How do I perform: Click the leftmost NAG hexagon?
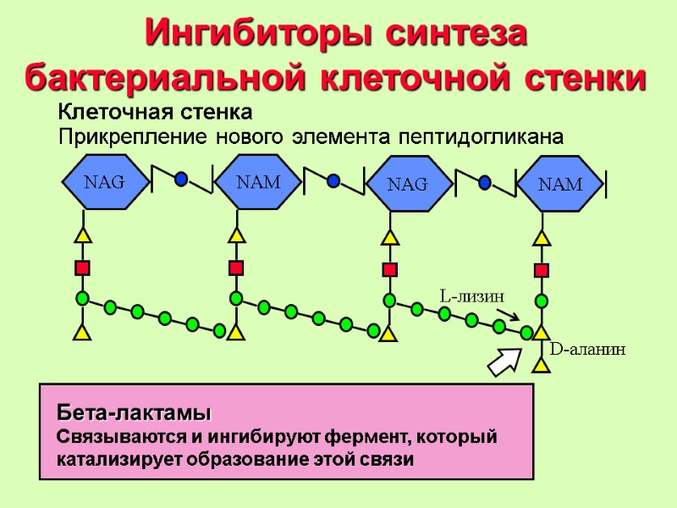click(104, 180)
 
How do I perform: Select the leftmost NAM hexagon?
click(258, 180)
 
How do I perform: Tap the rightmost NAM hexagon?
click(560, 183)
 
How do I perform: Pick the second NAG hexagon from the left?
click(407, 183)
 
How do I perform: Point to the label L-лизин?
click(472, 296)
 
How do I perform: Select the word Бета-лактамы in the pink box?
click(134, 413)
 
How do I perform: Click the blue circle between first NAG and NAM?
click(181, 179)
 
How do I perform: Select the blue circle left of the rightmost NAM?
click(485, 182)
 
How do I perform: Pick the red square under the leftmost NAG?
click(82, 268)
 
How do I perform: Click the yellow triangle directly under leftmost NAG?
click(82, 235)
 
